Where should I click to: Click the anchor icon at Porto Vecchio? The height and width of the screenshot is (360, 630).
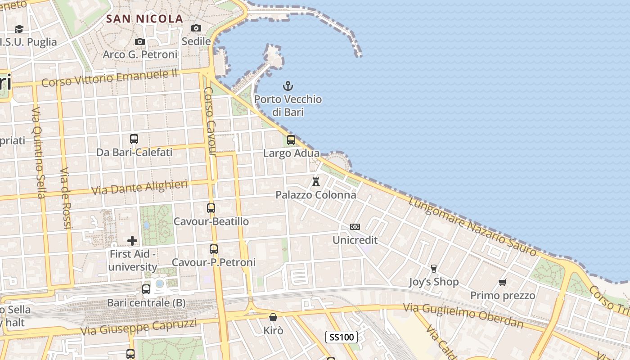pyautogui.click(x=288, y=85)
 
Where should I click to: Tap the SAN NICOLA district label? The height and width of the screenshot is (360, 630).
pyautogui.click(x=144, y=19)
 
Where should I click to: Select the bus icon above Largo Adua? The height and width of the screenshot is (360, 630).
pyautogui.click(x=291, y=139)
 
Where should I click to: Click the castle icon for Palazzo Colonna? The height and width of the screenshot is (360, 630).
pyautogui.click(x=316, y=182)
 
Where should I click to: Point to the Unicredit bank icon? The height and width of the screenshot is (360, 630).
pyautogui.click(x=355, y=227)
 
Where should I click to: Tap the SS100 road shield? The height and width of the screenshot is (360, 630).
pyautogui.click(x=342, y=337)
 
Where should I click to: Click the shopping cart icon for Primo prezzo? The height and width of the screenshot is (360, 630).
pyautogui.click(x=503, y=282)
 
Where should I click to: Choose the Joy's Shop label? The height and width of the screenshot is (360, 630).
pyautogui.click(x=434, y=282)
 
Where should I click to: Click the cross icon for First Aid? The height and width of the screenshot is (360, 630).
pyautogui.click(x=132, y=241)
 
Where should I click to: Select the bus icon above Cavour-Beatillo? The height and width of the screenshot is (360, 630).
pyautogui.click(x=211, y=208)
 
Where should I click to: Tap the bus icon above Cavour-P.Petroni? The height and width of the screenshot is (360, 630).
pyautogui.click(x=214, y=249)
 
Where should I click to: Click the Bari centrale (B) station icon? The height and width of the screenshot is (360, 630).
pyautogui.click(x=146, y=289)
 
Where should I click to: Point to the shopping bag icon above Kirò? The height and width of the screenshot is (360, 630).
pyautogui.click(x=273, y=317)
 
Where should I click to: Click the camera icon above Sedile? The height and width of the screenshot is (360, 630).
pyautogui.click(x=196, y=28)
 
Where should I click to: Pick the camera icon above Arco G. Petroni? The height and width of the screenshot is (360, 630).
pyautogui.click(x=140, y=41)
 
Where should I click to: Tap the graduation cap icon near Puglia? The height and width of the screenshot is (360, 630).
pyautogui.click(x=19, y=29)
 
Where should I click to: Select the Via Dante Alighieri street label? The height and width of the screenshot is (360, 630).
pyautogui.click(x=139, y=187)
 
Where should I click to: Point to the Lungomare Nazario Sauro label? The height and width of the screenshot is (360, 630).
pyautogui.click(x=472, y=227)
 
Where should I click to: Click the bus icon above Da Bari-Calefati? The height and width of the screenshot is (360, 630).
pyautogui.click(x=134, y=139)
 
